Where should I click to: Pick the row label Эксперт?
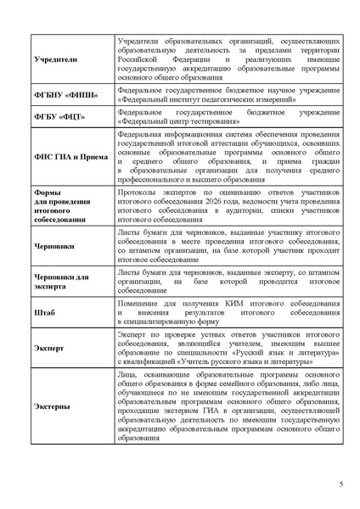coord(49,348)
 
